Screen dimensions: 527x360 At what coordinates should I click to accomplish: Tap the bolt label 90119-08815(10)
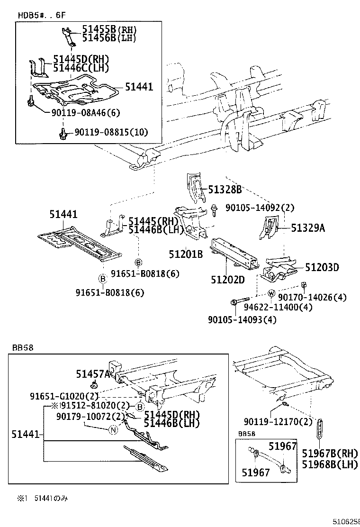point(112,132)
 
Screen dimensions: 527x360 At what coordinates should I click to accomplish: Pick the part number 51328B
point(225,190)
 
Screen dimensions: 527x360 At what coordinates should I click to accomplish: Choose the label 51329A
point(308,228)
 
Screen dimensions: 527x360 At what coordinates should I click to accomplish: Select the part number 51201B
point(186,254)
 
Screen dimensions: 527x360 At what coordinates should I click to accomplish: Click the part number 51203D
point(322,267)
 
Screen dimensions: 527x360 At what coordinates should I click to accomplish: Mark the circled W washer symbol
point(271,293)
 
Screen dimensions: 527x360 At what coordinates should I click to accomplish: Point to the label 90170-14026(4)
point(312,297)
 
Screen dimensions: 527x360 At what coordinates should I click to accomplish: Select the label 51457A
point(93,374)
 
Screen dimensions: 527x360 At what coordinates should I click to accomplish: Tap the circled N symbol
point(113,430)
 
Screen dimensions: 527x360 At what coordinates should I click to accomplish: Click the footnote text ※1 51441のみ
point(43,499)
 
